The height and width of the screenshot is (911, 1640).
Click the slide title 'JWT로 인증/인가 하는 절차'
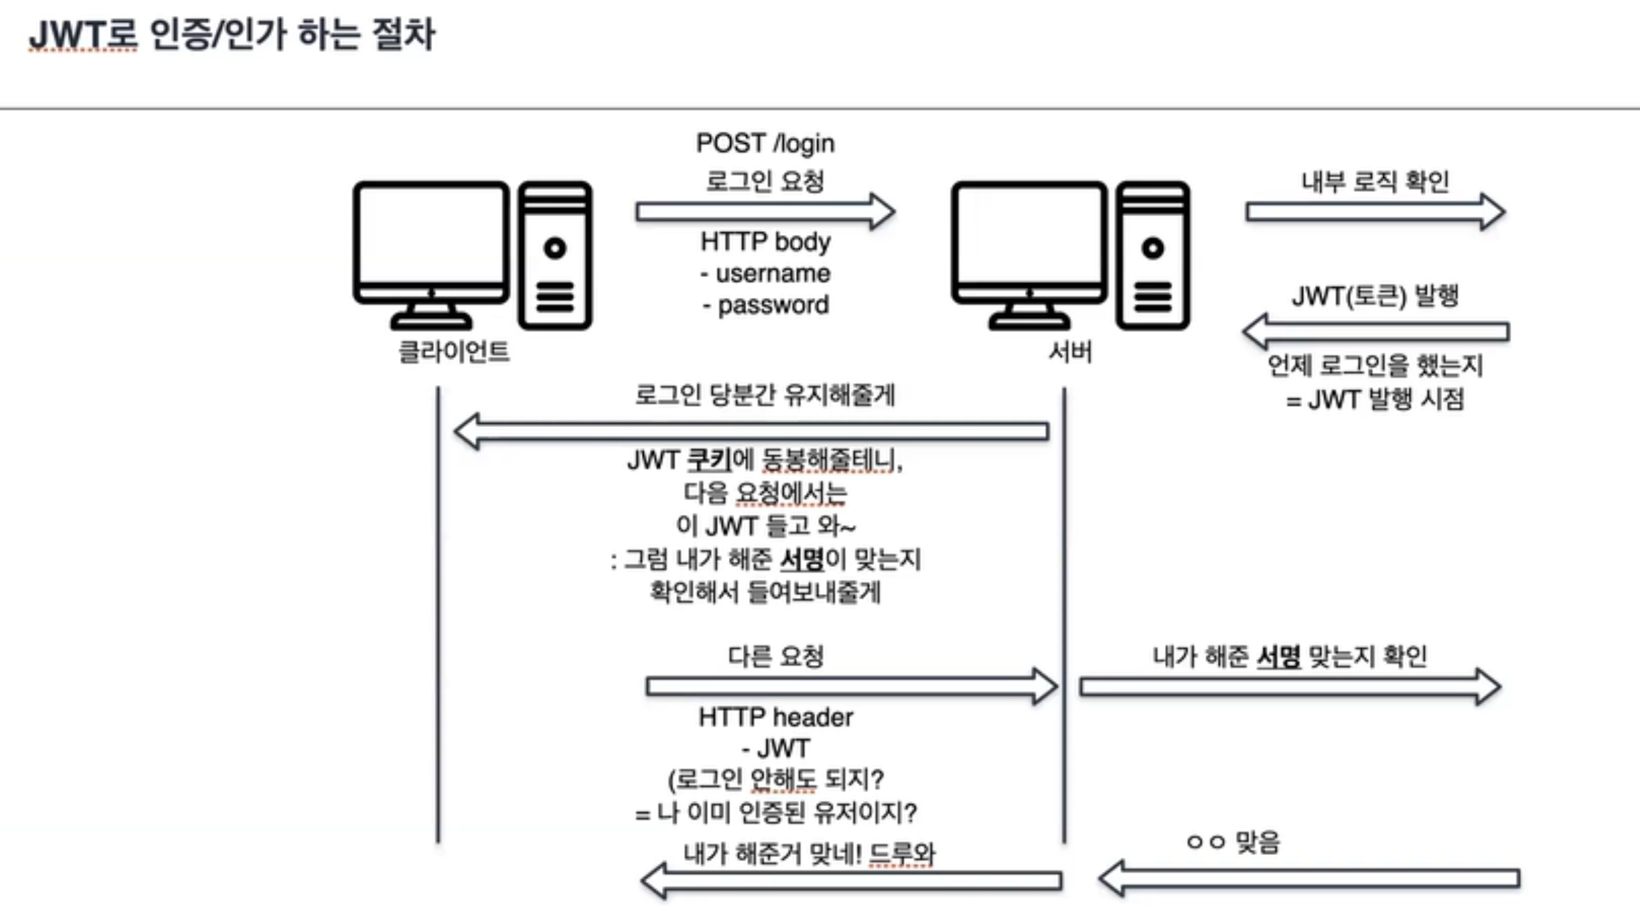point(232,34)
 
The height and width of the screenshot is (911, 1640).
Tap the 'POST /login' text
point(765,143)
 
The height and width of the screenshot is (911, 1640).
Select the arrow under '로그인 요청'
point(765,211)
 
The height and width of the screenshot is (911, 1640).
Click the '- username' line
point(765,273)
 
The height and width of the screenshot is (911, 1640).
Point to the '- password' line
point(765,305)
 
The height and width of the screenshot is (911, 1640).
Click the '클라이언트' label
point(454,352)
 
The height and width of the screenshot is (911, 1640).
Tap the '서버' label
point(1071,352)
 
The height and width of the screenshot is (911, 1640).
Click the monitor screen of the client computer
point(431,234)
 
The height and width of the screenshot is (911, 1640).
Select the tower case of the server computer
point(1153,255)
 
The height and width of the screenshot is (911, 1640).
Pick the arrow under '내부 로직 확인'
point(1374,211)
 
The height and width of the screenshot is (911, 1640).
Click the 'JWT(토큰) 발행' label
point(1374,296)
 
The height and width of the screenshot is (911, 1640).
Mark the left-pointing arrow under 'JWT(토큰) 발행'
point(1374,331)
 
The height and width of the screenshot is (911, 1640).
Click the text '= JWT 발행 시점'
point(1374,399)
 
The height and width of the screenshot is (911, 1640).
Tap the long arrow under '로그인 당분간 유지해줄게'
point(752,431)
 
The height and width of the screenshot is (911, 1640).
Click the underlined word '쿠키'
point(709,460)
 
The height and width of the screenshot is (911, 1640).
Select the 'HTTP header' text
point(775,717)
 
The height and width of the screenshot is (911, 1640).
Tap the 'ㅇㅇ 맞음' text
point(1234,843)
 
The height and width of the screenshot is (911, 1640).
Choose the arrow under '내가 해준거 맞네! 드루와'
point(851,881)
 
